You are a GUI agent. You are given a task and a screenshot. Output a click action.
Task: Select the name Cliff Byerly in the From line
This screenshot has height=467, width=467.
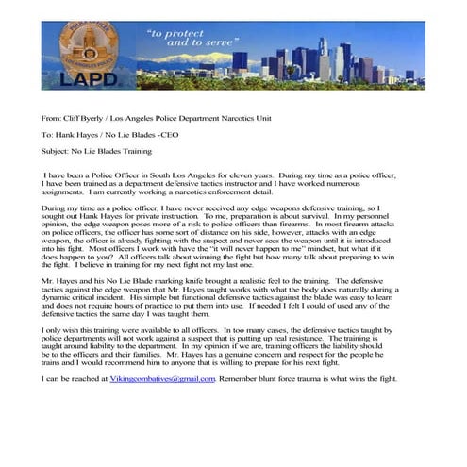click(77, 120)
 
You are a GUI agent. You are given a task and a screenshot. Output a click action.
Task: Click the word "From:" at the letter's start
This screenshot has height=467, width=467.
click(51, 120)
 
